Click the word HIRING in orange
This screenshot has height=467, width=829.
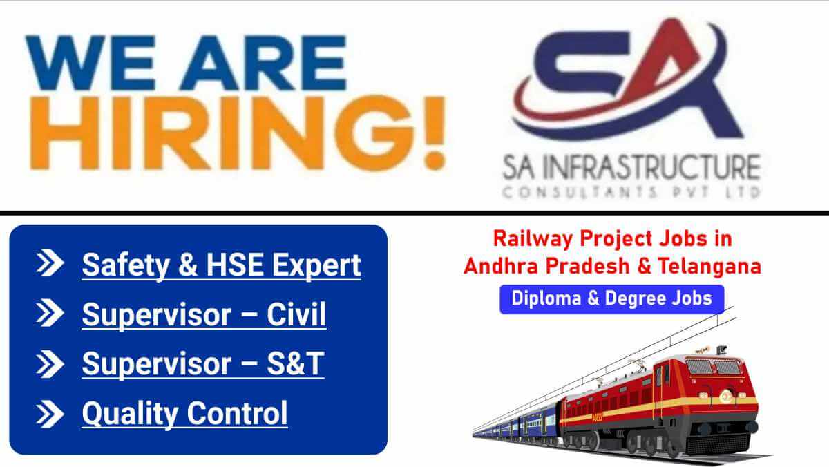click(x=222, y=133)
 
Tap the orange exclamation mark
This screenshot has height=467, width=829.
click(x=435, y=133)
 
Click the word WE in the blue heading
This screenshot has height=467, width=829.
click(x=90, y=63)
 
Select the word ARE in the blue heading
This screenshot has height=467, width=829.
click(x=263, y=63)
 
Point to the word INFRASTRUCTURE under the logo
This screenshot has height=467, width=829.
click(x=653, y=168)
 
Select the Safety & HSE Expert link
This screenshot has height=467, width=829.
click(x=221, y=265)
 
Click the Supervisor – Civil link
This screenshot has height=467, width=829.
click(x=204, y=314)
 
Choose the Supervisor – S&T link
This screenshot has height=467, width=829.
click(x=203, y=364)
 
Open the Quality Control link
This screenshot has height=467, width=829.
click(x=184, y=413)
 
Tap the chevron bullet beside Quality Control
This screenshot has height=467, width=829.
click(x=50, y=414)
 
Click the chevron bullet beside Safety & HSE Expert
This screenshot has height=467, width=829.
click(x=50, y=263)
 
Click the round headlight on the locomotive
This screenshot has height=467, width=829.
click(x=725, y=397)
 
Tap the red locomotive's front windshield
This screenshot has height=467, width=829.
click(x=712, y=367)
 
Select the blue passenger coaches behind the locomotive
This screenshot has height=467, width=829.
click(x=518, y=426)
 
